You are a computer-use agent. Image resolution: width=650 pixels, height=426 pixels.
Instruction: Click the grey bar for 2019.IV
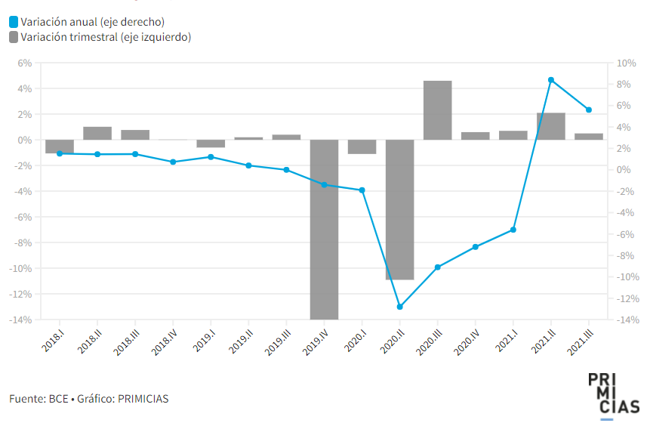point(324,229)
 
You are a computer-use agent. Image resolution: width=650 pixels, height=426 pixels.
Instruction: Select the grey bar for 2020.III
point(437,110)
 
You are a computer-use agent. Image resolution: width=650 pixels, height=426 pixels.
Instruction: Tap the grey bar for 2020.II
point(399,209)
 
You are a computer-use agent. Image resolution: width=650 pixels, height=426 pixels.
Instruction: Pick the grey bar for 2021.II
point(551,126)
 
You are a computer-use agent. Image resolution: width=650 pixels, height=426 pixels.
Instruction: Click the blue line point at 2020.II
point(399,307)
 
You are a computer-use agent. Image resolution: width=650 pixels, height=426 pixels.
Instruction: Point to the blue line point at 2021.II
point(551,80)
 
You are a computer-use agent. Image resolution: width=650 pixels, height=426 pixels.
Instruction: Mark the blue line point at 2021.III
point(589,110)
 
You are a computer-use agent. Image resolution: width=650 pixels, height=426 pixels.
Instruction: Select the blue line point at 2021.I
point(513,230)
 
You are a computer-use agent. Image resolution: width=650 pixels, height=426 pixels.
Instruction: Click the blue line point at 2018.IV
point(173,162)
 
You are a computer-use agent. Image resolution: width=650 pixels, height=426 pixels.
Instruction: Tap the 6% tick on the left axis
point(24,63)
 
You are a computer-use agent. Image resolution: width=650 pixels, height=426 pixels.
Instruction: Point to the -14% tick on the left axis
point(21,319)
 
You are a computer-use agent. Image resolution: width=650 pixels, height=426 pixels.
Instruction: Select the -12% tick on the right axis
point(627,298)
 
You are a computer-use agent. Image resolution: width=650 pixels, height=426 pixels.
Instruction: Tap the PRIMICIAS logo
point(613,394)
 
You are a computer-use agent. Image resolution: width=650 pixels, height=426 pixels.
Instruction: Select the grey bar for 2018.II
point(97,133)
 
